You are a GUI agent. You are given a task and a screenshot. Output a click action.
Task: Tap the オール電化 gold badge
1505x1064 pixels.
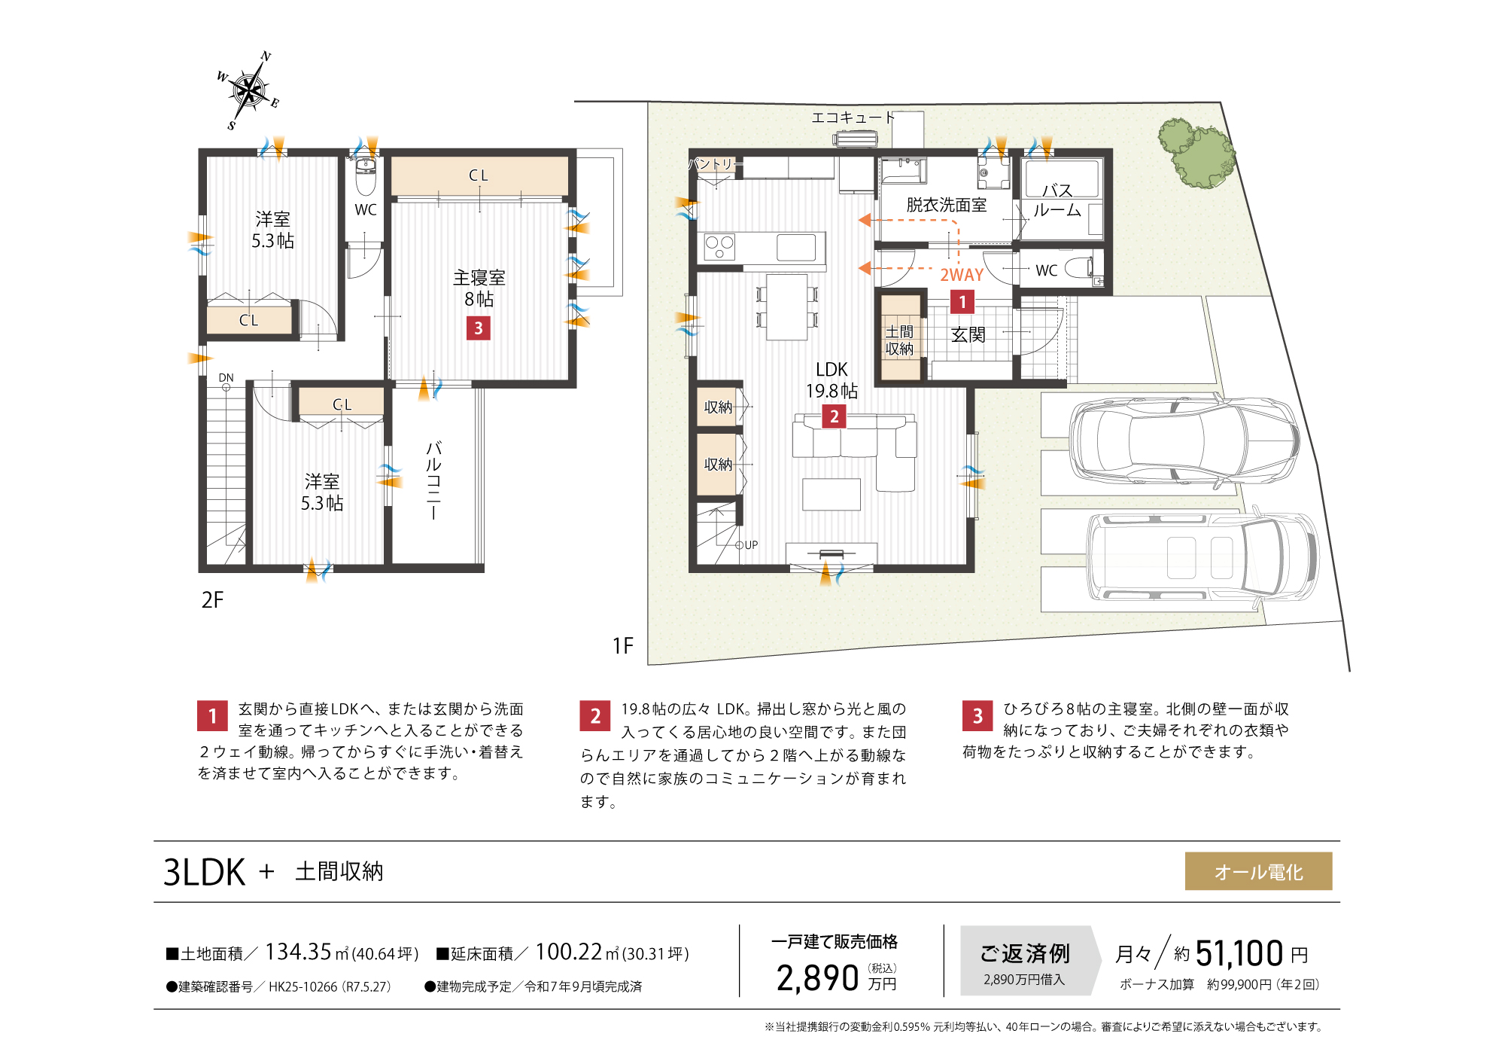(x=1258, y=871)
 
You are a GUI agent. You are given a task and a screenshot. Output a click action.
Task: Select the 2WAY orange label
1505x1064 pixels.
(x=962, y=276)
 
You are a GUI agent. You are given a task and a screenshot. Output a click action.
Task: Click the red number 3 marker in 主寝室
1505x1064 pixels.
(x=479, y=328)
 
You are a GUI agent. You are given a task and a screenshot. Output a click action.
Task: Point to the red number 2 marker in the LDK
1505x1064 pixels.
(x=834, y=416)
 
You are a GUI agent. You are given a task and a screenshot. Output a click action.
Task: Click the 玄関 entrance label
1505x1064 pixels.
(x=968, y=335)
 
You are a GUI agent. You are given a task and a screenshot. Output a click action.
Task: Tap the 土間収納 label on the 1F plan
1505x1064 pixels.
(x=899, y=340)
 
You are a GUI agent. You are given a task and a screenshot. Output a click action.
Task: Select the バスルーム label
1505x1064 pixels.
(x=1057, y=200)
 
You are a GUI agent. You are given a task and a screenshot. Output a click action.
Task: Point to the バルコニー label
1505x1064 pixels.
(x=433, y=480)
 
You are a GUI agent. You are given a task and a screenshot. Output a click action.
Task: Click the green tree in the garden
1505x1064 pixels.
(x=1196, y=154)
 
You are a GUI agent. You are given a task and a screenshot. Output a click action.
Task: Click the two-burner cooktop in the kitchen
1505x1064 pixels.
(x=719, y=247)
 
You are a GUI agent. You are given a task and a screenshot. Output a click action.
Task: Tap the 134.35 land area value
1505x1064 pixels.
(x=298, y=952)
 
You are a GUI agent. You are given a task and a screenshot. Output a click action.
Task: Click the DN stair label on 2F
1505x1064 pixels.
(x=226, y=378)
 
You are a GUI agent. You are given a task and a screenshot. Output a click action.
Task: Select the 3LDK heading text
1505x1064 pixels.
(x=205, y=872)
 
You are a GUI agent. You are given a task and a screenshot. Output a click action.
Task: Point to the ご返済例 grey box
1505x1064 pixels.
(x=1024, y=961)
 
